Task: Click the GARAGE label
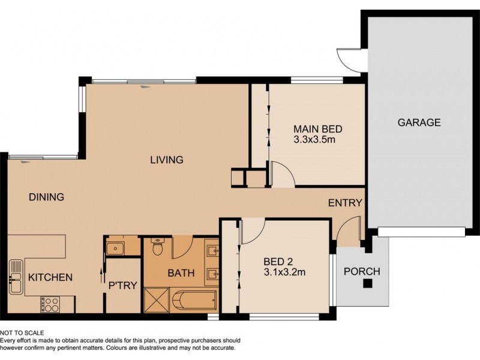pos(419,122)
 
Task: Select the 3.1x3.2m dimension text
pos(285,272)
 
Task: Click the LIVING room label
pos(166,160)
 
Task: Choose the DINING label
pos(46,197)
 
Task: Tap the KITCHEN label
pos(51,277)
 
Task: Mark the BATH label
pos(181,273)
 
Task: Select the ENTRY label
pos(345,203)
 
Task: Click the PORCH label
pos(361,271)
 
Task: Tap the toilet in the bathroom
pos(158,247)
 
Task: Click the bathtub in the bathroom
pos(194,299)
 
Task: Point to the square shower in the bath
pos(157,299)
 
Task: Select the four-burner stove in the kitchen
pos(49,304)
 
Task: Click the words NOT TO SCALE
pos(22,332)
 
